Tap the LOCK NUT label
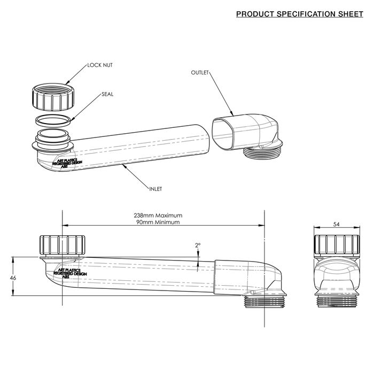[x=100, y=65]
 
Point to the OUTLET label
[x=199, y=72]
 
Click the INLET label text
[x=156, y=188]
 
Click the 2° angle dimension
[x=198, y=245]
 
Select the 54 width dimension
[x=335, y=224]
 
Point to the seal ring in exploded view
[x=53, y=119]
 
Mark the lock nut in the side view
[x=63, y=246]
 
